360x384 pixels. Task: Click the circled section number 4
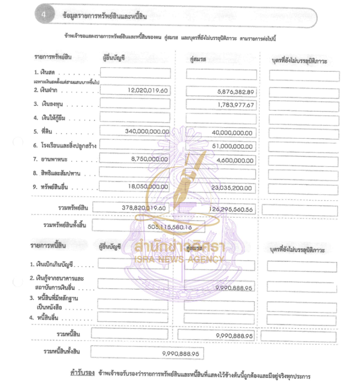(x=44, y=15)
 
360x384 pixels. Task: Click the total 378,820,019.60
(x=144, y=208)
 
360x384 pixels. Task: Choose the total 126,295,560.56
(x=231, y=210)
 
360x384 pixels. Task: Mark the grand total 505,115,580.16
(x=170, y=227)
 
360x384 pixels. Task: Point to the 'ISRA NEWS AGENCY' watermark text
(x=179, y=259)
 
